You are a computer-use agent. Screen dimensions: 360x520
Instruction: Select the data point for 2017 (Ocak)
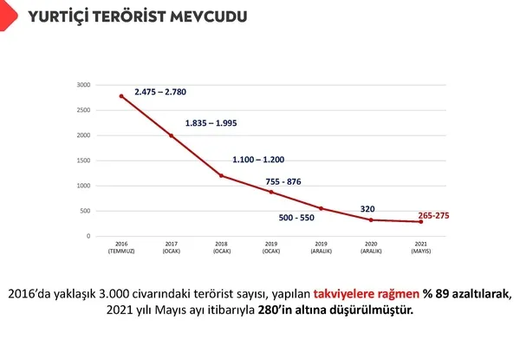(171, 135)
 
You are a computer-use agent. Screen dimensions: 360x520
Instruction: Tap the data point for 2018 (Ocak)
(221, 175)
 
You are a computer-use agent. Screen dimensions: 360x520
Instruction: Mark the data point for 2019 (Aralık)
(321, 208)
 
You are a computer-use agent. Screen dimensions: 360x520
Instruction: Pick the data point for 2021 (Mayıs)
(421, 222)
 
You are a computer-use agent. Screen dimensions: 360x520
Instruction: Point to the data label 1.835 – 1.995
(211, 123)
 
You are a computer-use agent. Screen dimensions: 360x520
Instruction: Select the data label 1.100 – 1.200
(258, 160)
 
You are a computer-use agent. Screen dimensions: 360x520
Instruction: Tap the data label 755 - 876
(296, 180)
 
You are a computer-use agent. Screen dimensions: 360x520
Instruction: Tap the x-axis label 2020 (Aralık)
(371, 248)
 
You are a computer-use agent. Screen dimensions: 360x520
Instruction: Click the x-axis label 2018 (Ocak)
(221, 248)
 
